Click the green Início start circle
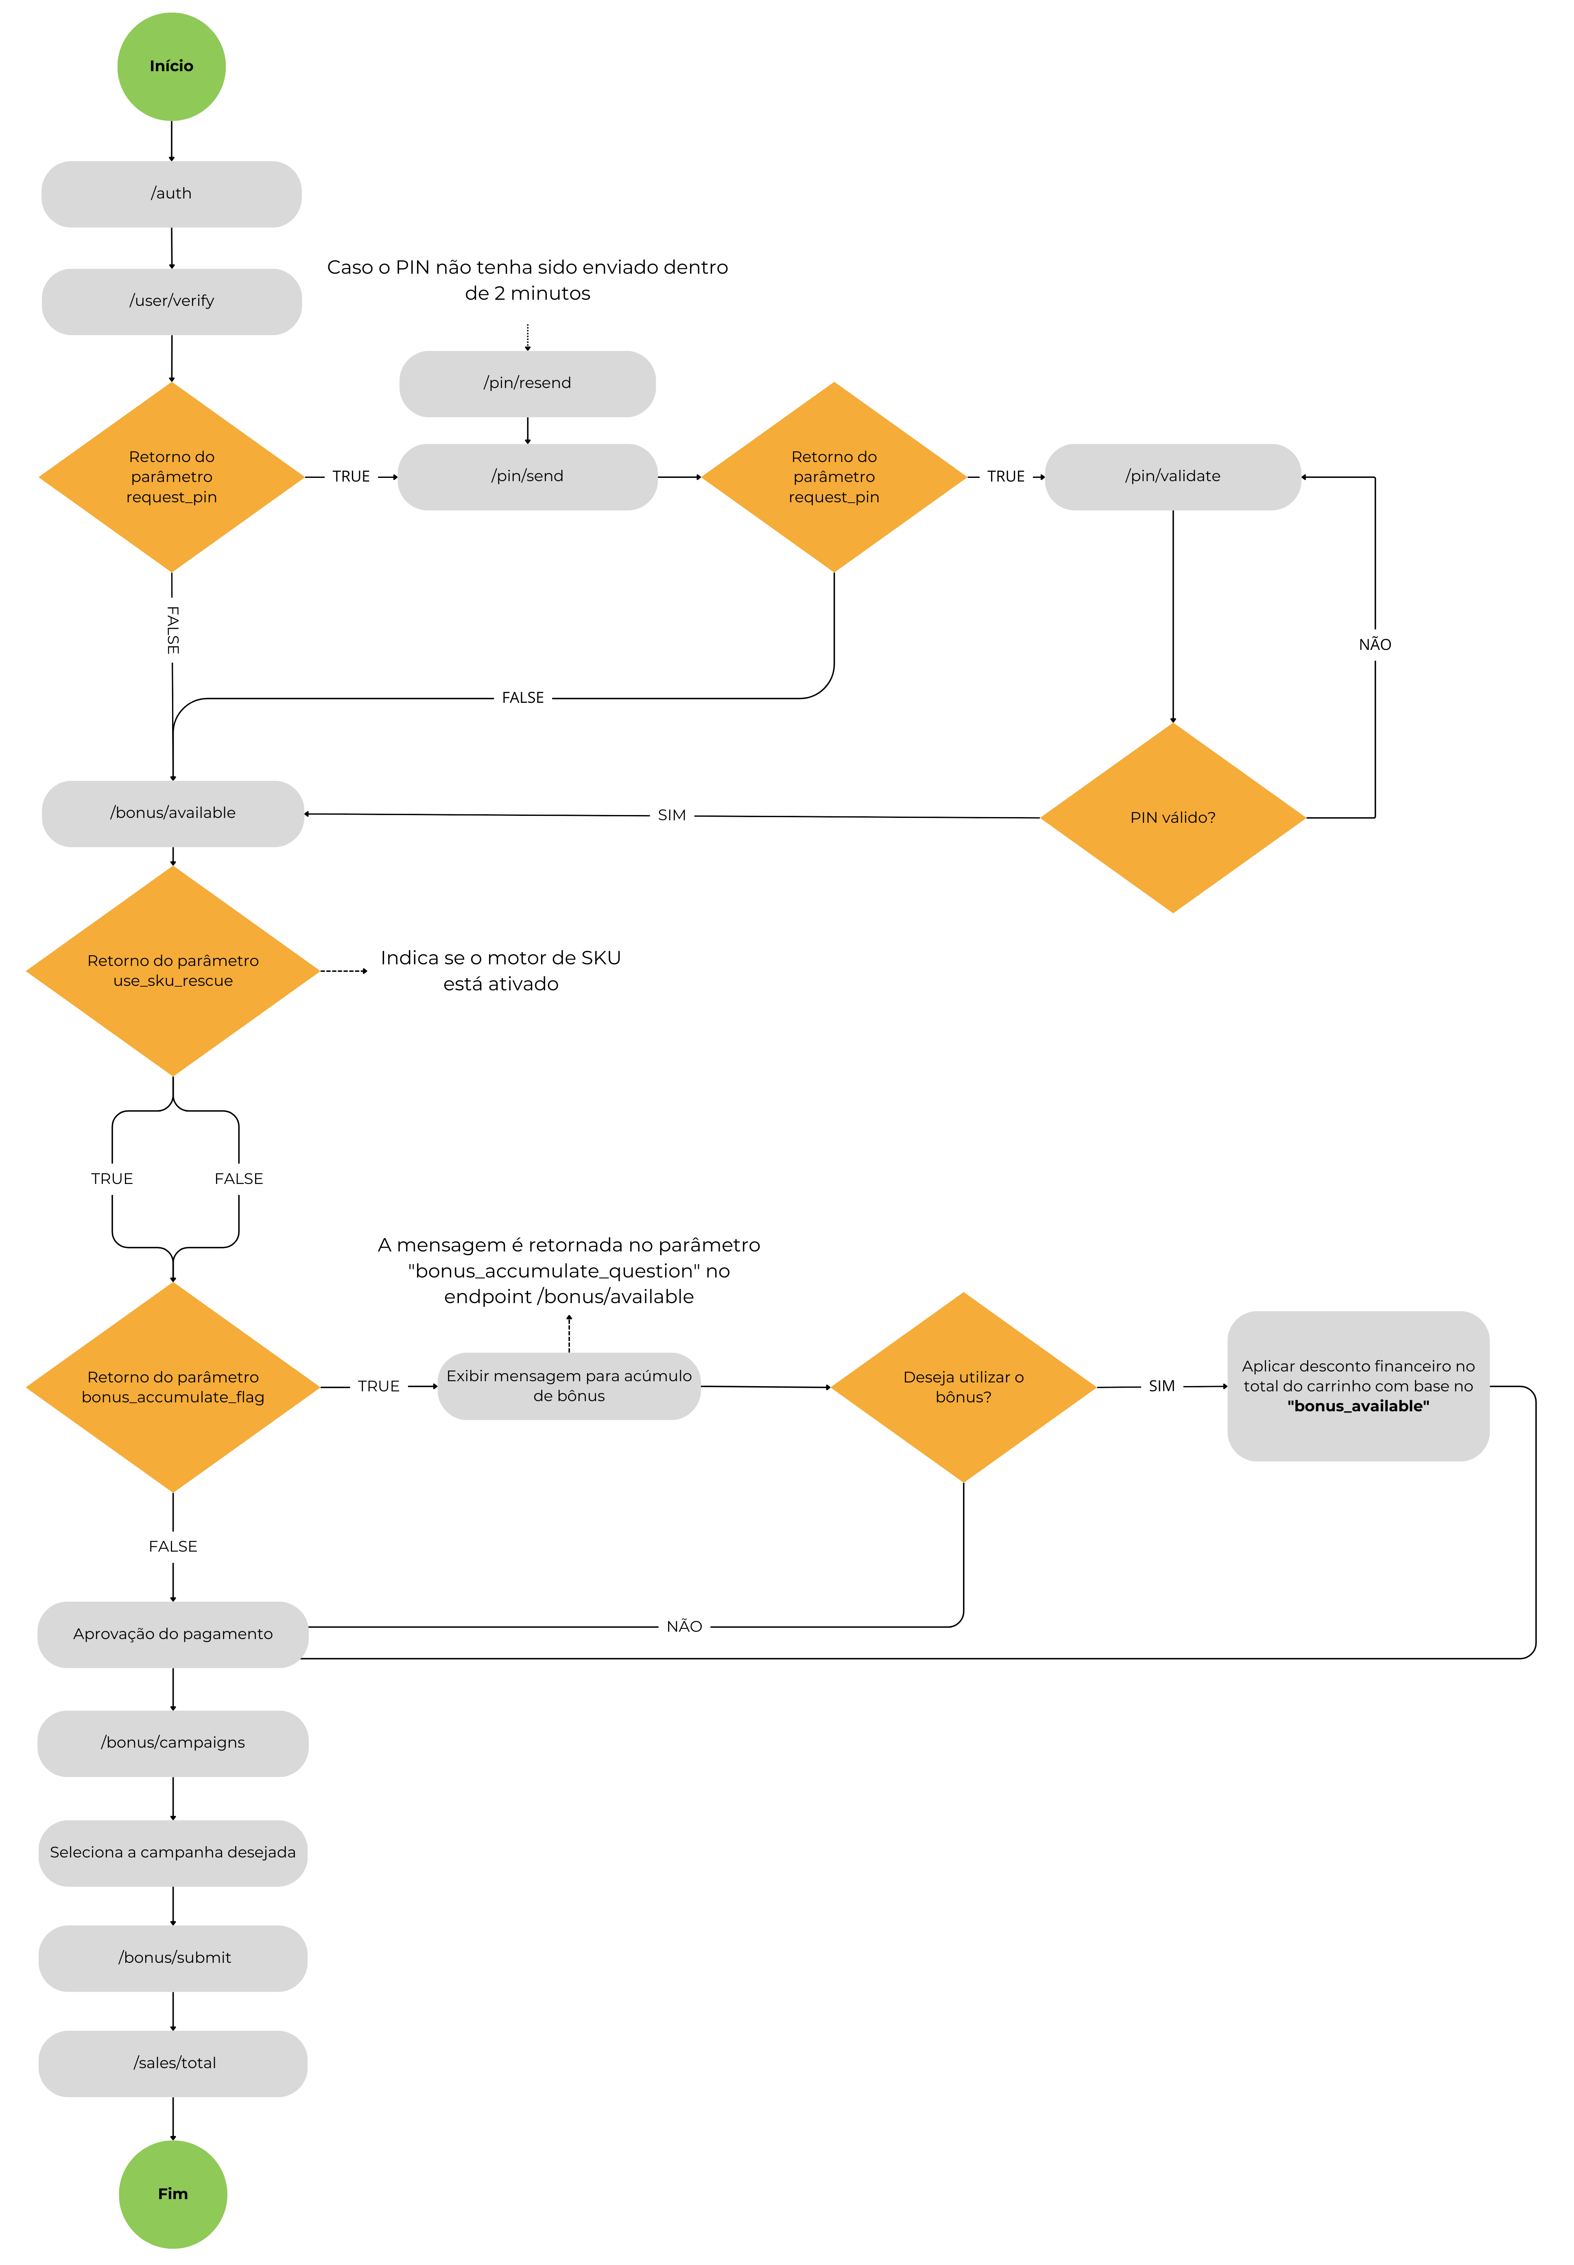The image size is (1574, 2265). (172, 66)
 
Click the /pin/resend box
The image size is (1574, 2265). (528, 384)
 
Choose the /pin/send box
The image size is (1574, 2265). (528, 476)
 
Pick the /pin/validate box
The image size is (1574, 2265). (1172, 476)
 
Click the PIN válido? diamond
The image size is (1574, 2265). (1172, 817)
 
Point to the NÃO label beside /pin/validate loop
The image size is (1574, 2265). (1375, 645)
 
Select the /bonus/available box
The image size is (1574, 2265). (172, 813)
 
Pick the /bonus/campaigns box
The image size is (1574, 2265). (172, 1743)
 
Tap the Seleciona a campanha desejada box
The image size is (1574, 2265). (172, 1853)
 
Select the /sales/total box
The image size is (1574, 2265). (172, 2064)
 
